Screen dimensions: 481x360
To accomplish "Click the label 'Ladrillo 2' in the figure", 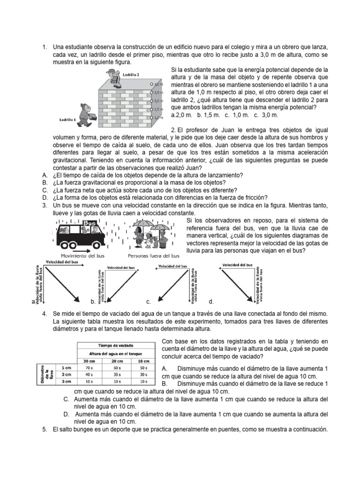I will pyautogui.click(x=131, y=75).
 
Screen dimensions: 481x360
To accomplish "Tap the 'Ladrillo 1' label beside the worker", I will pyautogui.click(x=68, y=119).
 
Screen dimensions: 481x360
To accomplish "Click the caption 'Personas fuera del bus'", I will pyautogui.click(x=153, y=256).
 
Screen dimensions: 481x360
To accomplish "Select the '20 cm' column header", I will pyautogui.click(x=117, y=360).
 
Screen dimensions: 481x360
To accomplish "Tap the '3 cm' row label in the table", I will pyautogui.click(x=66, y=382).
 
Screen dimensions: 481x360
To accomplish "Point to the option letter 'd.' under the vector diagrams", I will pyautogui.click(x=211, y=302).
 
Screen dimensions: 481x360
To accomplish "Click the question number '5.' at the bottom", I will pyautogui.click(x=44, y=430).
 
